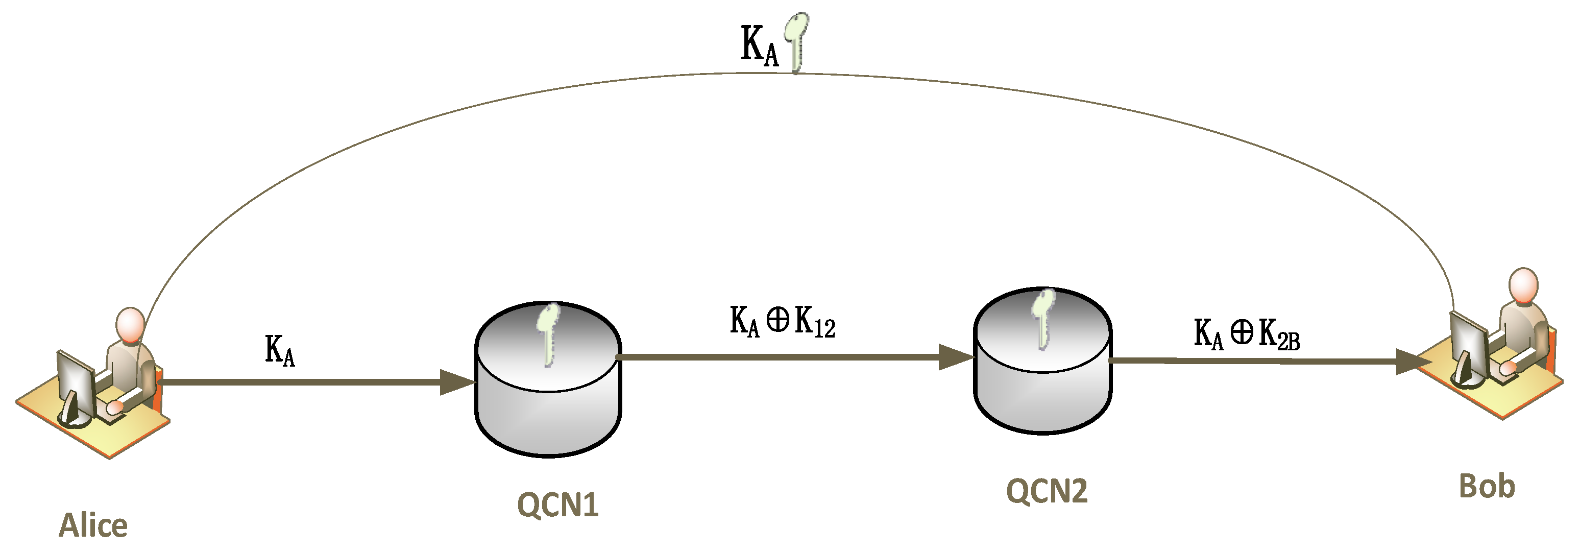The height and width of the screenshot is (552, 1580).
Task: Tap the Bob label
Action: tap(1487, 486)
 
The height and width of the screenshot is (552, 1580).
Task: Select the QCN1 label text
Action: tap(557, 506)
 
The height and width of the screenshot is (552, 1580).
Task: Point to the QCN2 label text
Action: tap(1047, 491)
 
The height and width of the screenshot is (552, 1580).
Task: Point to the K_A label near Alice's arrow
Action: tap(280, 351)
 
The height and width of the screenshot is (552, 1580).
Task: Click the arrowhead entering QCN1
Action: tap(457, 382)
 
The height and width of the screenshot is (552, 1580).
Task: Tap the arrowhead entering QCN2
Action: tap(956, 357)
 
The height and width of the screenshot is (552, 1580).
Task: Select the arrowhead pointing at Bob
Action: tap(1413, 362)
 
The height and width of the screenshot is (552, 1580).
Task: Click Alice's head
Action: tap(130, 325)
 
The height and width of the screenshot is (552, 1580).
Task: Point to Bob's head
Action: tap(1523, 285)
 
